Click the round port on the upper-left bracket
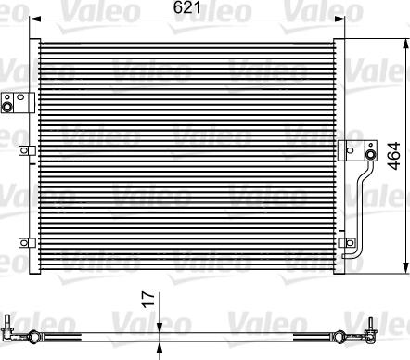12,106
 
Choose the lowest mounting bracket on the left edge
22,243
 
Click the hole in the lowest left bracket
20,243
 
